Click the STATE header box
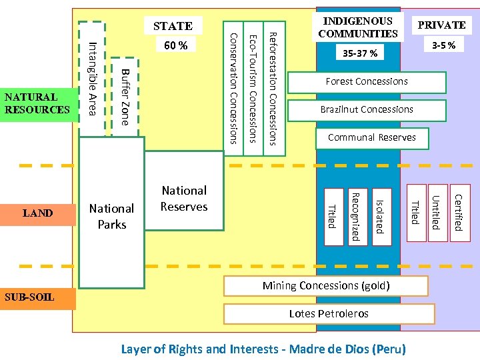pos(173,26)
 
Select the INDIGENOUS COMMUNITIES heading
pos(358,27)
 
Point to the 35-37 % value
pos(359,53)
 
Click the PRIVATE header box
pos(441,25)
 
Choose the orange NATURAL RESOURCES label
pos(37,103)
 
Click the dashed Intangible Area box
pos(92,78)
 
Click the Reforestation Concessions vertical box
pos(274,87)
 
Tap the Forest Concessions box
pos(367,82)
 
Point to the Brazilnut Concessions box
pos(367,110)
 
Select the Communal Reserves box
pos(372,138)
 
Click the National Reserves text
pos(184,199)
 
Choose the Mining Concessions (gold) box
pos(325,286)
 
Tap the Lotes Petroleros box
pos(329,313)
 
